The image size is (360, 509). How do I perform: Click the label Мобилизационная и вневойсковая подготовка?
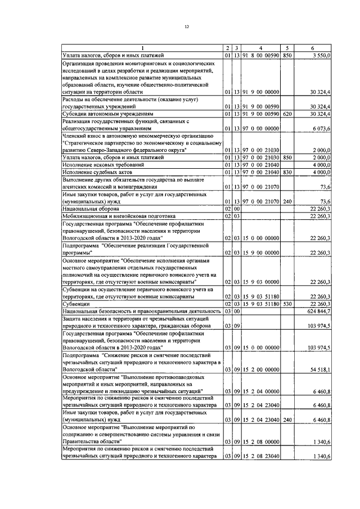pyautogui.click(x=119, y=215)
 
